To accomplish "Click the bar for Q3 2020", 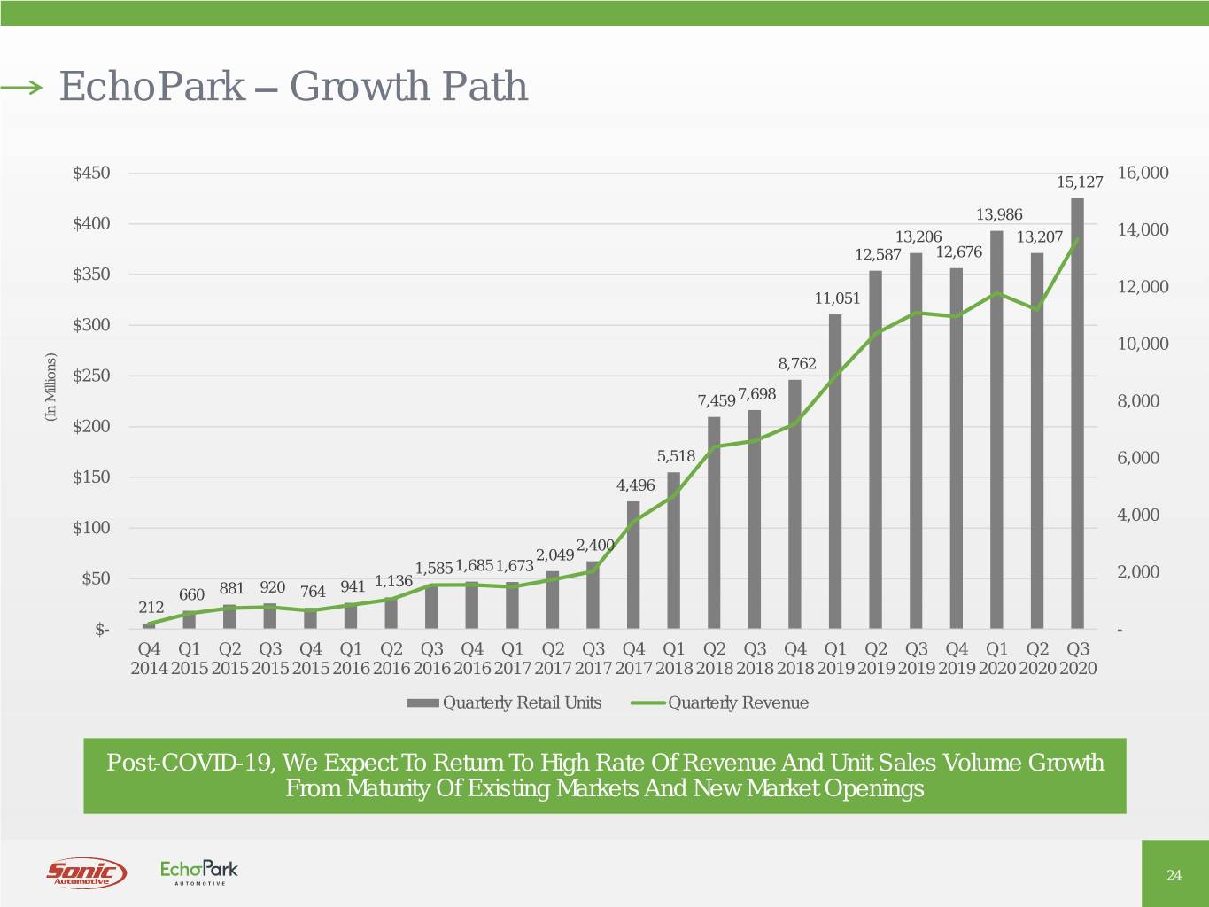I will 1077,414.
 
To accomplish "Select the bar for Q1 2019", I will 835,471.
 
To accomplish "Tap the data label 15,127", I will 1081,182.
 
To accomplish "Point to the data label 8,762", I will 797,363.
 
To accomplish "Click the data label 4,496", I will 635,485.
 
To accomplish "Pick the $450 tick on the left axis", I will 91,173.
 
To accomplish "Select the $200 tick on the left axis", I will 91,426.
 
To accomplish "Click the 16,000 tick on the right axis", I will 1143,173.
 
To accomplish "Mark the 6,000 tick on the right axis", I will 1138,458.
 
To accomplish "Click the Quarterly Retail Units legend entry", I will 505,703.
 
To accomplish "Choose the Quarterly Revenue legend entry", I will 720,703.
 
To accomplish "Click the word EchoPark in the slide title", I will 151,87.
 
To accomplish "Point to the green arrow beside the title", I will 21,87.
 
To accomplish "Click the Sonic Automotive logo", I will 86,872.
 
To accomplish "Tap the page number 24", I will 1174,876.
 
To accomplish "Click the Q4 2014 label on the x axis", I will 149,658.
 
